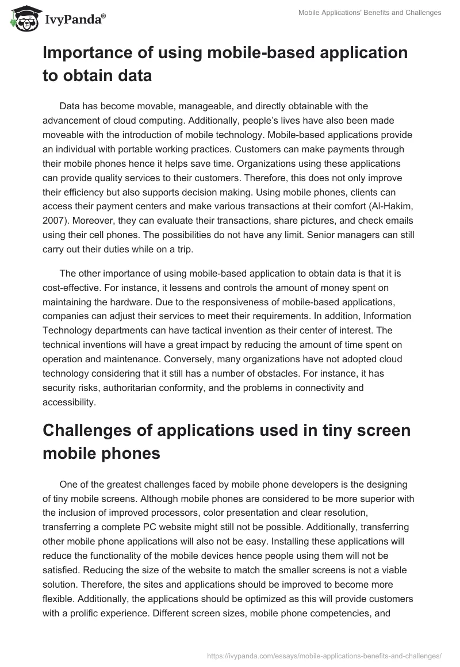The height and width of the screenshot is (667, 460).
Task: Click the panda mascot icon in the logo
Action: click(x=24, y=20)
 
